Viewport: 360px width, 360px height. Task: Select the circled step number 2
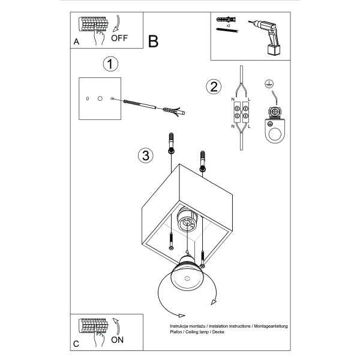point(212,87)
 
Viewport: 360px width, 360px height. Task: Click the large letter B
point(153,41)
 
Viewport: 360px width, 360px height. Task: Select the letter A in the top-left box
point(76,42)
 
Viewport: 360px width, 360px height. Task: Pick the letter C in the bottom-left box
point(76,344)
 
